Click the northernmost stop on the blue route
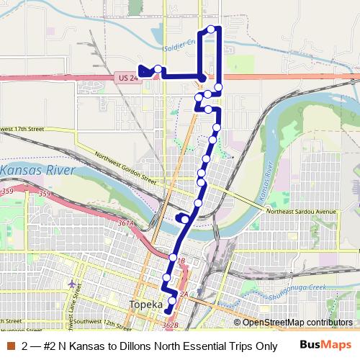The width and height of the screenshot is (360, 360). pyautogui.click(x=212, y=29)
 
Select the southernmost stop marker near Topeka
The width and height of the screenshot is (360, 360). pyautogui.click(x=172, y=300)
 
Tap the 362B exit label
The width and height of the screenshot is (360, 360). pyautogui.click(x=171, y=325)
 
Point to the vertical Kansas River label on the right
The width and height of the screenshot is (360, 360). pyautogui.click(x=266, y=180)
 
